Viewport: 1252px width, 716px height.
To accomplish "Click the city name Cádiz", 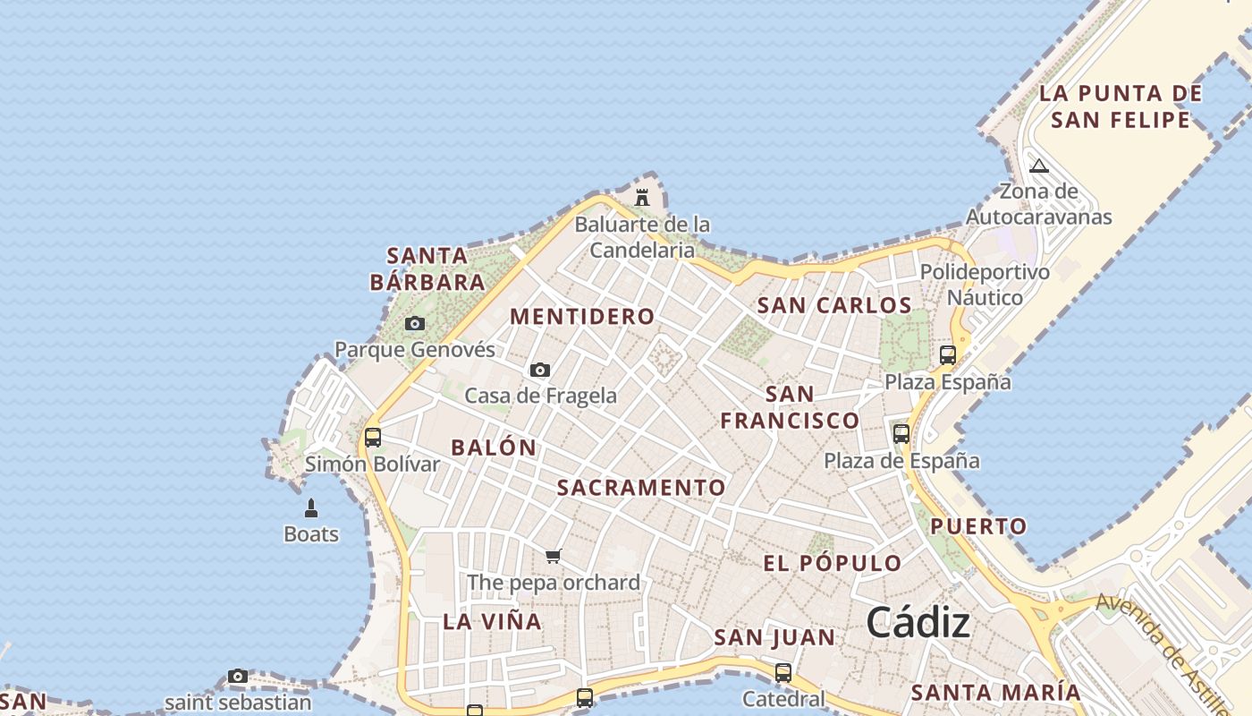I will point(918,622).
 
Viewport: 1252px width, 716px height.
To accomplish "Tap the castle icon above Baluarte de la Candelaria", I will point(642,197).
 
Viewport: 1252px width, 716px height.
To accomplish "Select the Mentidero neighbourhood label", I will point(582,317).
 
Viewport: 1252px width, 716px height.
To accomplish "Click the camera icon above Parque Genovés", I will point(414,323).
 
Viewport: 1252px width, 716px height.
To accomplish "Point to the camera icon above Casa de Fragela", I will point(539,370).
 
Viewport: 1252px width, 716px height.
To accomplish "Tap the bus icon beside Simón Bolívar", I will point(373,438).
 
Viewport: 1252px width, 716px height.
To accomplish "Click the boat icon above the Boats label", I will point(311,509).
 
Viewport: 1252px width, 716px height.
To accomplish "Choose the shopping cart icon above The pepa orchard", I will point(554,557).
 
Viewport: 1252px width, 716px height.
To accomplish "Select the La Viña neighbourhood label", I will point(492,621).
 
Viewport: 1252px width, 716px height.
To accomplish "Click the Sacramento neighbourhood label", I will point(641,488).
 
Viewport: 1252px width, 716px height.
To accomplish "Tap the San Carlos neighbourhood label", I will point(834,305).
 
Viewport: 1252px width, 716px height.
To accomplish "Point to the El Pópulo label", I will point(832,563).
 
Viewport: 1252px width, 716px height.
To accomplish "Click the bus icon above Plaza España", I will point(948,355).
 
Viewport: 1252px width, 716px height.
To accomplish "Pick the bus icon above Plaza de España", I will point(901,434).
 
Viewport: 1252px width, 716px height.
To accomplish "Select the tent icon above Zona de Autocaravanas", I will point(1038,166).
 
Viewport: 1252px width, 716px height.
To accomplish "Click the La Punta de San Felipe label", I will point(1121,107).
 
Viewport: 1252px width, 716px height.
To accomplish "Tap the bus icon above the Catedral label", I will point(783,672).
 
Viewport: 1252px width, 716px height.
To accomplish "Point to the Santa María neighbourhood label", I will point(995,692).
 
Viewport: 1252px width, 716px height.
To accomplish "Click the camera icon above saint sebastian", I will point(237,677).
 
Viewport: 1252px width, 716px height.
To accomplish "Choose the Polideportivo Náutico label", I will point(985,285).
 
